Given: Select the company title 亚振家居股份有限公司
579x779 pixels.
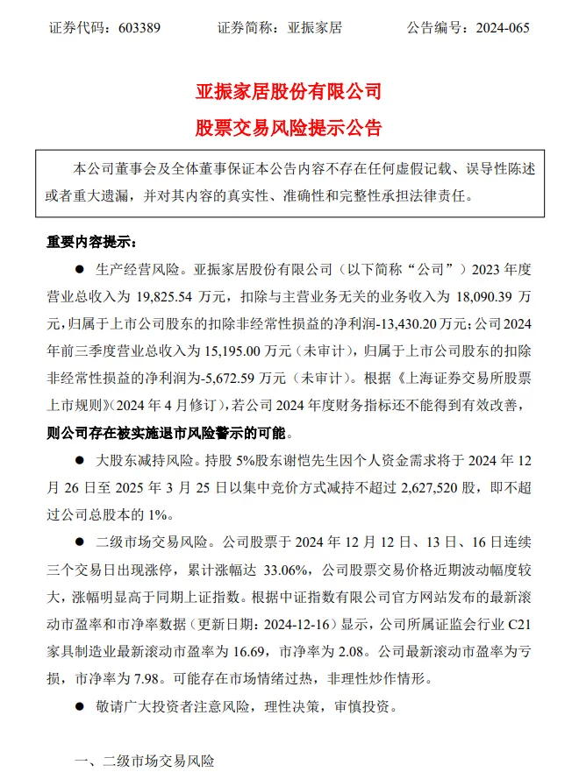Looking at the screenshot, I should tap(289, 90).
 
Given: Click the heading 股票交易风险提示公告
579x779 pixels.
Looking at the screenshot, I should tap(289, 128).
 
